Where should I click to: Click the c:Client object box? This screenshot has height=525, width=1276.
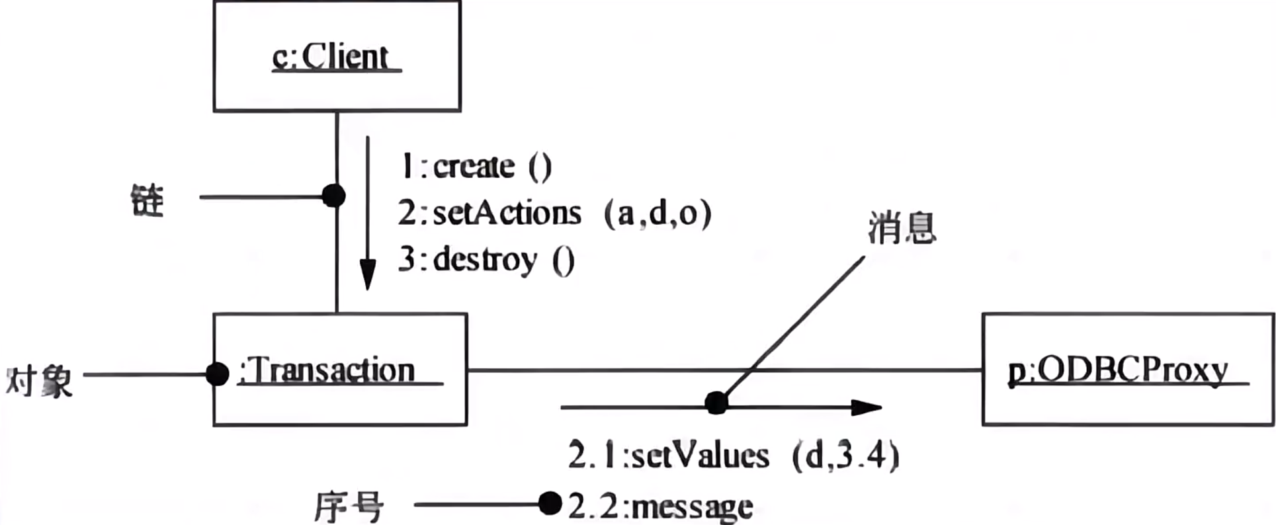point(337,56)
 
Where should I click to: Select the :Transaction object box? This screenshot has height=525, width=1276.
point(340,370)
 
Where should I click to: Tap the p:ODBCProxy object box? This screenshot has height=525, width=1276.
point(1127,370)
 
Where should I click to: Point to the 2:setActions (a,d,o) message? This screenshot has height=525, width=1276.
point(554,214)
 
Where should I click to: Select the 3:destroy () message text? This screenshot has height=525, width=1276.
point(487,260)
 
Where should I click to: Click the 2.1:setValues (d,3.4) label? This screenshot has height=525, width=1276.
point(733,456)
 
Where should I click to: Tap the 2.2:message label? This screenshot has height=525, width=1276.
point(660,506)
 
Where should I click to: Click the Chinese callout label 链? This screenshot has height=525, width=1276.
point(147,200)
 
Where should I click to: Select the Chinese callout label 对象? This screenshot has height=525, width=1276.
point(39,382)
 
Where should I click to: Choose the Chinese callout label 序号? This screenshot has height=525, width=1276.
point(349,507)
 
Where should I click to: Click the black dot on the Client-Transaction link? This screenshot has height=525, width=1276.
point(333,196)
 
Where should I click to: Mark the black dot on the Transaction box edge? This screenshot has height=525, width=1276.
point(217,374)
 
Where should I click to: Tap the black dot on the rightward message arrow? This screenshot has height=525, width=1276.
point(716,403)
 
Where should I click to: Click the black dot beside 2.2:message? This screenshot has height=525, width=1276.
point(550,504)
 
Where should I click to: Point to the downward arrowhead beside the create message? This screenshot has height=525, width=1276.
point(368,274)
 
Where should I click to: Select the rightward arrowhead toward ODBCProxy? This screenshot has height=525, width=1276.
point(866,407)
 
